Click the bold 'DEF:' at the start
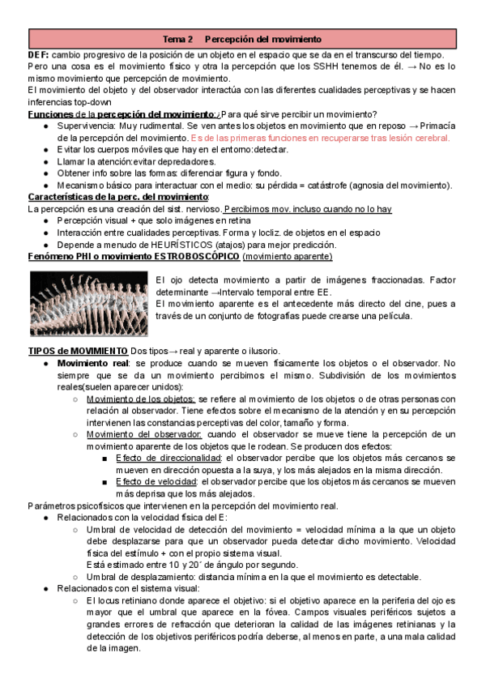pos(40,53)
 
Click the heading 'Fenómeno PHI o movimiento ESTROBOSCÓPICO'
pos(134,257)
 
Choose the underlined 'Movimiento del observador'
pos(143,434)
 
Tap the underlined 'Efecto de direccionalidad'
pos(168,458)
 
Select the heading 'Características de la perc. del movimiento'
pos(118,197)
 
